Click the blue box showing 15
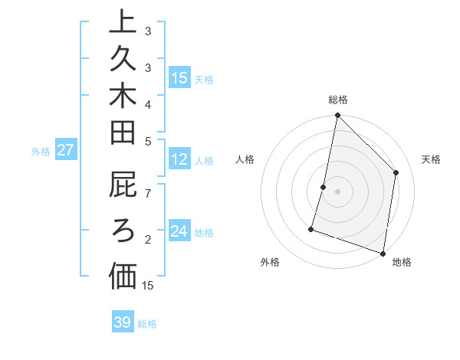[x=179, y=78]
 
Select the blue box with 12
[x=179, y=160]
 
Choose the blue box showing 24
[x=179, y=231]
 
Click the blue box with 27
[x=65, y=150]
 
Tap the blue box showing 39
[x=123, y=322]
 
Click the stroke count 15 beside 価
[x=148, y=286]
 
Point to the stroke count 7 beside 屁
[x=148, y=192]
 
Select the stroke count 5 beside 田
[x=148, y=140]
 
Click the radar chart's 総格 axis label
[x=338, y=100]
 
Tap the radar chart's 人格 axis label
[x=245, y=159]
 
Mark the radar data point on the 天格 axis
[x=396, y=172]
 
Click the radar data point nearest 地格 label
[x=383, y=253]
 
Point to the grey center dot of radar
[x=337, y=191]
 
